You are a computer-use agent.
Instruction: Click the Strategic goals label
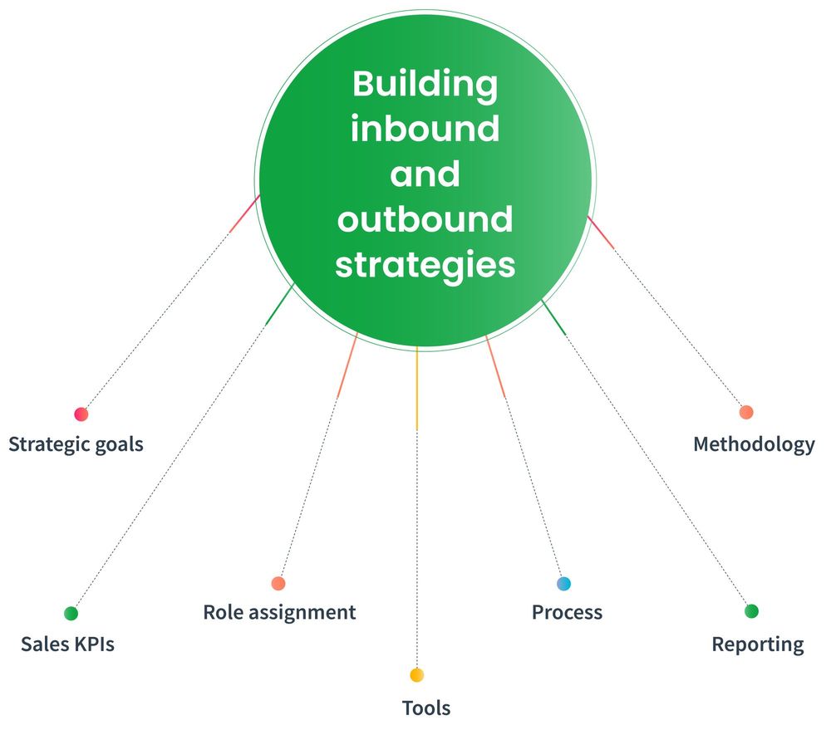76,444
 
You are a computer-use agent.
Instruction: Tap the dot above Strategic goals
81,414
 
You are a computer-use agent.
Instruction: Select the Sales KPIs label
67,644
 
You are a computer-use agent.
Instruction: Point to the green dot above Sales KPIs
71,614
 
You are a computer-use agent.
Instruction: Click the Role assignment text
279,613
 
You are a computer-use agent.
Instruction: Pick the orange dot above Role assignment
278,584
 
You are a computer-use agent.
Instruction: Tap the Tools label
426,708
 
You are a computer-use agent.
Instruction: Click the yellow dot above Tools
416,675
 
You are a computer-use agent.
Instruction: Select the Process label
567,613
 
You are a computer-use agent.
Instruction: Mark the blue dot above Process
564,584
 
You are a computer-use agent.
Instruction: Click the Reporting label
758,644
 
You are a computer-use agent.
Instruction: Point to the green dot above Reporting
751,611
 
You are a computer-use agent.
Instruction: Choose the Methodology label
754,444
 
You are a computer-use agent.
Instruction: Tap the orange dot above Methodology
746,412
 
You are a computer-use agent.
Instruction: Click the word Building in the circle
425,84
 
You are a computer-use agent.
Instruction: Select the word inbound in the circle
425,130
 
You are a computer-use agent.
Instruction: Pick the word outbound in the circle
425,220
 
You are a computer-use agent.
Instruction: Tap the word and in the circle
425,174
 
